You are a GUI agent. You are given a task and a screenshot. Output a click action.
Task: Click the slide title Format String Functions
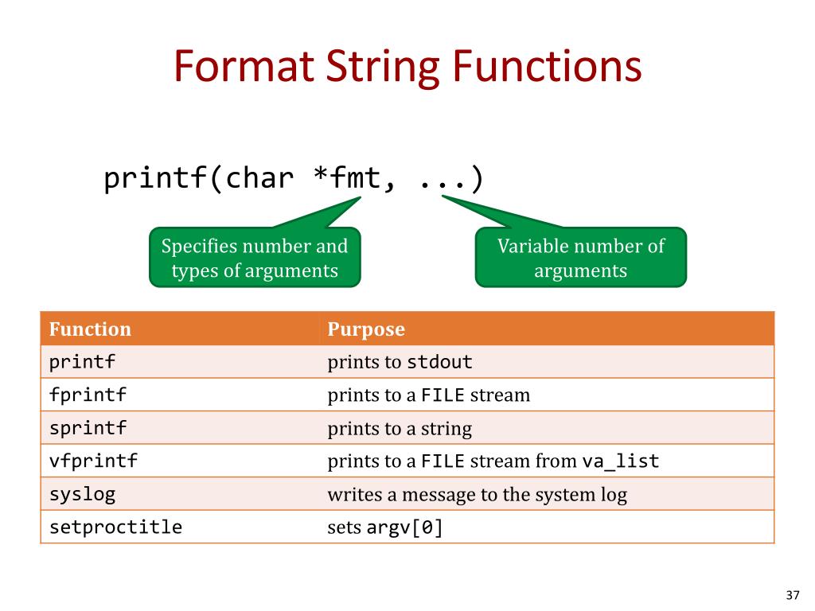407,67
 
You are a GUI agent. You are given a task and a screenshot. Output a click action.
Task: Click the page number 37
791,595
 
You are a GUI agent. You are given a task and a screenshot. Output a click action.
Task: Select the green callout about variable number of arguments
580,258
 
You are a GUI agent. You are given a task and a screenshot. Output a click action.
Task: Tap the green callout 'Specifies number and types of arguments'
255,258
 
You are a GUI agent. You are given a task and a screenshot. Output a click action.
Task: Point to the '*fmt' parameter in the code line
350,179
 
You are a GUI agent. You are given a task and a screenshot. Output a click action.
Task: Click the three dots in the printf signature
443,179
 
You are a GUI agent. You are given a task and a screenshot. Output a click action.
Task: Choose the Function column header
90,329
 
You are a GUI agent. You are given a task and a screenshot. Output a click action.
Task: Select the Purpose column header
366,329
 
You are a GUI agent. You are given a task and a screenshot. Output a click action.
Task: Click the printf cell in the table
82,363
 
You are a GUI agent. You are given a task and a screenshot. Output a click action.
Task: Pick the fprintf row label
88,395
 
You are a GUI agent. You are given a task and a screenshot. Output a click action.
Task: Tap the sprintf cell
88,429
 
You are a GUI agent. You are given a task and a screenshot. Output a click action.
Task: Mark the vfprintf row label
93,461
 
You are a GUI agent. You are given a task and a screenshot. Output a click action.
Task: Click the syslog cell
82,494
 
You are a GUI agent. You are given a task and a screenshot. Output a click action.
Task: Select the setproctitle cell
115,527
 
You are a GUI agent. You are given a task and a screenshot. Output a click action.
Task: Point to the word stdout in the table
439,363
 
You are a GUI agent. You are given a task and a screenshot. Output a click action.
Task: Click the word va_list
621,461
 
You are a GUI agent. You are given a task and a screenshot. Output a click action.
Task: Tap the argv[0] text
404,527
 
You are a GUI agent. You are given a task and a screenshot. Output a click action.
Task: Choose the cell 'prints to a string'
400,429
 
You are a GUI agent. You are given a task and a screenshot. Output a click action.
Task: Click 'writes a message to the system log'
477,495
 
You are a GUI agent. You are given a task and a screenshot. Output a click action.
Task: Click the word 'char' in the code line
259,179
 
